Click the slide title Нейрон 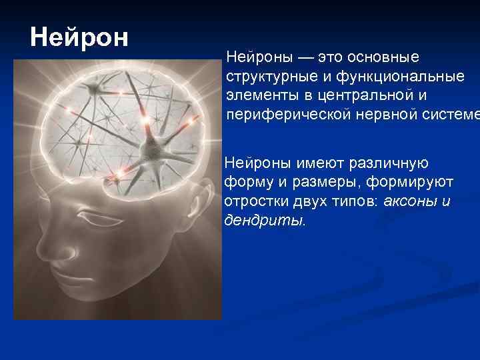79,37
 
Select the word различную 385,162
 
